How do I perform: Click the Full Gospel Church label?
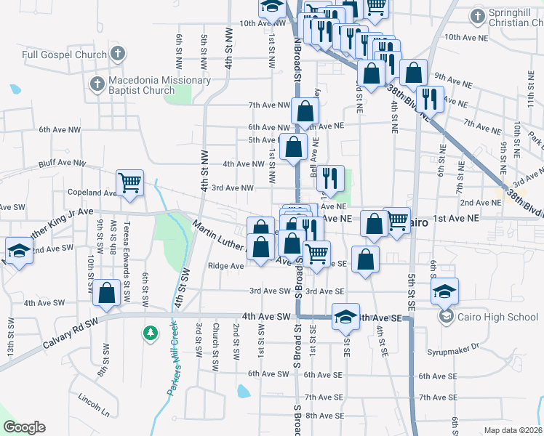(x=64, y=54)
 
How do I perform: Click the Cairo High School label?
(x=497, y=316)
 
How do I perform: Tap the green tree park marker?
(x=151, y=332)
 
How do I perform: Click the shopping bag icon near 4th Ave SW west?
(x=107, y=293)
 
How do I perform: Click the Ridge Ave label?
(x=226, y=266)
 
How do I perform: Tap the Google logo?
(x=24, y=427)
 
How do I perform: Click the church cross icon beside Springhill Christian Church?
(x=478, y=15)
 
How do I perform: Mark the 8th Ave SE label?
(x=324, y=416)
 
